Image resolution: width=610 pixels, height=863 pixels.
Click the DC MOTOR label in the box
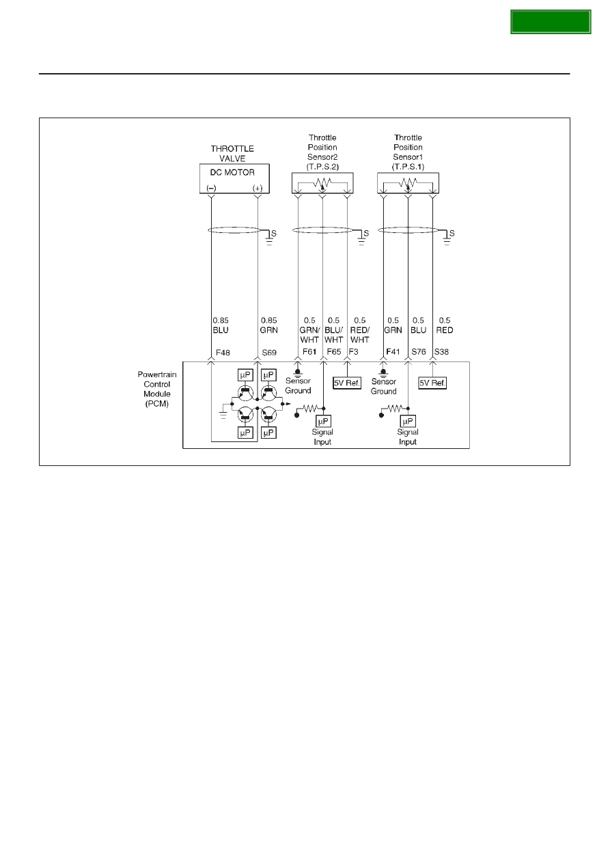[x=232, y=173]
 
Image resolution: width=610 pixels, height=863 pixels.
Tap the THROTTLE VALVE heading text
[x=232, y=153]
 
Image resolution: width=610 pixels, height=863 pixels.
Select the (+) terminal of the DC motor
[x=258, y=188]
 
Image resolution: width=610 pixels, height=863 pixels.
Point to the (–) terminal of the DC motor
[x=211, y=188]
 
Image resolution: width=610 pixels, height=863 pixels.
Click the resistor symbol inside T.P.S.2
[x=322, y=182]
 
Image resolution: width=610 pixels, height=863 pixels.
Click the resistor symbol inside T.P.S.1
[x=408, y=182]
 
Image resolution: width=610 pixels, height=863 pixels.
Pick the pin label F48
[x=223, y=353]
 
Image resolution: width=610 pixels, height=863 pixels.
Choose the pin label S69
[x=269, y=353]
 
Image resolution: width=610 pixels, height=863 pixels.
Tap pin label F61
[x=309, y=352]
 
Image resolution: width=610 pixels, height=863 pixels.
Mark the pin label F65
[x=334, y=352]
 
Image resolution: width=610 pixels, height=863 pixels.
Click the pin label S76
[x=419, y=352]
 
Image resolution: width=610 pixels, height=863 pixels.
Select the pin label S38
[x=441, y=352]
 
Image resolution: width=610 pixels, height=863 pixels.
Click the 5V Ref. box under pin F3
[x=347, y=383]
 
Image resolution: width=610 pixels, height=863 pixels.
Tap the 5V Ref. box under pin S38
[x=432, y=383]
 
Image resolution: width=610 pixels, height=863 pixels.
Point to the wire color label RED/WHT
[x=360, y=335]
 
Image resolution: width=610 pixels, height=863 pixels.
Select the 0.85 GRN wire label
[x=269, y=325]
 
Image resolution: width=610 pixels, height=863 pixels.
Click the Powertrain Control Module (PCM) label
[x=156, y=389]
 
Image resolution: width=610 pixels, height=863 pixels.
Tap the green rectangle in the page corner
[x=551, y=22]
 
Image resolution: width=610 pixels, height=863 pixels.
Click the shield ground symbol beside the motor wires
[x=269, y=239]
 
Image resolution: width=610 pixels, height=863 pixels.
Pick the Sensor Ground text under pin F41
[x=384, y=387]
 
